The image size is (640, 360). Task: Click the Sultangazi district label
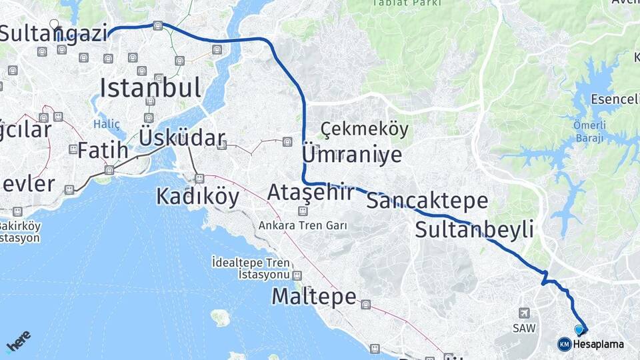pyautogui.click(x=53, y=33)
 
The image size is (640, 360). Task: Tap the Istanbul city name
pyautogui.click(x=151, y=87)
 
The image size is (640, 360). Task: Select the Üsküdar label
pyautogui.click(x=182, y=139)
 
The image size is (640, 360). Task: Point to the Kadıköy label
pyautogui.click(x=197, y=196)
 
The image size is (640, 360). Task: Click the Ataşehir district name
pyautogui.click(x=311, y=193)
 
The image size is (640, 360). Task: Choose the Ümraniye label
pyautogui.click(x=352, y=155)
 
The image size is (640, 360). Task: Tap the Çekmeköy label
pyautogui.click(x=364, y=129)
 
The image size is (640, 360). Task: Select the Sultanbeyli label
pyautogui.click(x=474, y=230)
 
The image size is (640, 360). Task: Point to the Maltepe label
pyautogui.click(x=314, y=297)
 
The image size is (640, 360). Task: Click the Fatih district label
pyautogui.click(x=102, y=151)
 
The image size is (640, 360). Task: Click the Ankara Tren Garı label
pyautogui.click(x=303, y=225)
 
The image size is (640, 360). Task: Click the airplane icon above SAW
pyautogui.click(x=524, y=313)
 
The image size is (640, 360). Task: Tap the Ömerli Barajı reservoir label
pyautogui.click(x=588, y=132)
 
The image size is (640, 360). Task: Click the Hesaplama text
pyautogui.click(x=599, y=344)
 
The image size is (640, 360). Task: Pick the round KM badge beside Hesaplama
pyautogui.click(x=564, y=344)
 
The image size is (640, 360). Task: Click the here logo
pyautogui.click(x=19, y=341)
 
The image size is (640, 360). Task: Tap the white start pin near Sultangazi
pyautogui.click(x=54, y=26)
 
